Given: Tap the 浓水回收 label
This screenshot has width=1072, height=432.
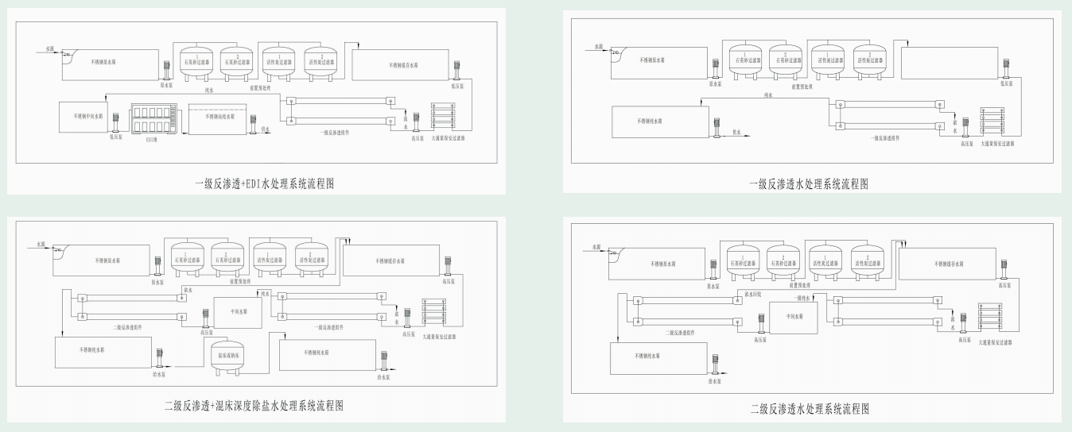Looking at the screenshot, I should pyautogui.click(x=752, y=293).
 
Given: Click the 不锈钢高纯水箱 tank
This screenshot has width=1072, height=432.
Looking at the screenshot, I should pyautogui.click(x=220, y=118).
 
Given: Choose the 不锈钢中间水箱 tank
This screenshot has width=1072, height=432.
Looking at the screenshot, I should pyautogui.click(x=83, y=116).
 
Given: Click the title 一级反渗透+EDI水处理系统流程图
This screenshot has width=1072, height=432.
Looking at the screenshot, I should pyautogui.click(x=263, y=183).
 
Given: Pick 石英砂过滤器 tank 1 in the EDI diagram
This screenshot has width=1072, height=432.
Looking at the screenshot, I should pyautogui.click(x=194, y=60).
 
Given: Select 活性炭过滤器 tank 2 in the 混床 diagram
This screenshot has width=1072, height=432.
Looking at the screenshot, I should pyautogui.click(x=310, y=257).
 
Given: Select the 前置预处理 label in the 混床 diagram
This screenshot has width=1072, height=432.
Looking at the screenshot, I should pyautogui.click(x=250, y=281).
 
